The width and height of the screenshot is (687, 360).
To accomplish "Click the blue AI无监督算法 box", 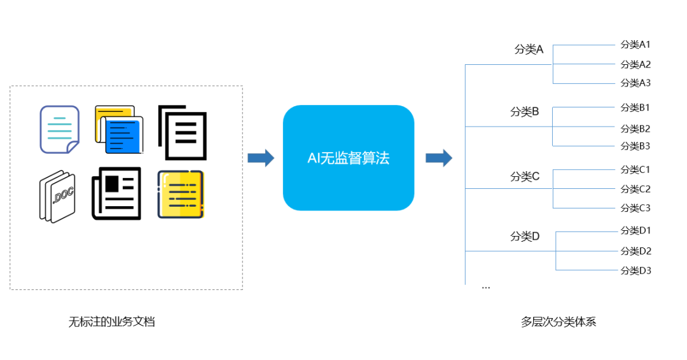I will point(348,158).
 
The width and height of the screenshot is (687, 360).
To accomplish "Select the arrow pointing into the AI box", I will point(260,158).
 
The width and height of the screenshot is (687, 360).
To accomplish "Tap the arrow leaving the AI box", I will point(438,158).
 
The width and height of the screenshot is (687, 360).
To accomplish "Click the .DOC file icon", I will point(57,196).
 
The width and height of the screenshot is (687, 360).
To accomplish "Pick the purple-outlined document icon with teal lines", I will point(59,129).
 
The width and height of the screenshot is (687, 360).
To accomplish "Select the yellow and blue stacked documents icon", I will point(119,130).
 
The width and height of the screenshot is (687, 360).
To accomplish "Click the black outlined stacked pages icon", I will point(183,132).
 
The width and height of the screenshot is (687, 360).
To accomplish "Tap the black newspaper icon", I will point(116,193).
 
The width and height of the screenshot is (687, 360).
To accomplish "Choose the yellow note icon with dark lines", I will point(181,194).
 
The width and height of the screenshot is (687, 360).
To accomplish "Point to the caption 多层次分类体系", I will point(558,321).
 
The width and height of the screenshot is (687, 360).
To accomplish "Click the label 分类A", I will point(529,49).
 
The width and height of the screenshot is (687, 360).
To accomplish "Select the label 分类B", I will point(524,112).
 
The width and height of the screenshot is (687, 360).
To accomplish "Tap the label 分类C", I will point(524,176).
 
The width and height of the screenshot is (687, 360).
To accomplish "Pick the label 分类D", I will point(524,236).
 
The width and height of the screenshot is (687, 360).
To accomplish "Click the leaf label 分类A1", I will point(635,45).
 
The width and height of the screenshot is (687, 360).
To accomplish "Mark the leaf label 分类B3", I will point(635,146).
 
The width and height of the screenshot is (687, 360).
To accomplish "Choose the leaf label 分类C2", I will point(635,189).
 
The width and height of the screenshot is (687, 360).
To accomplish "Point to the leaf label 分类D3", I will point(635,270).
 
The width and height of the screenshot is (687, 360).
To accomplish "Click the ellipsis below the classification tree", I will point(486,287).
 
